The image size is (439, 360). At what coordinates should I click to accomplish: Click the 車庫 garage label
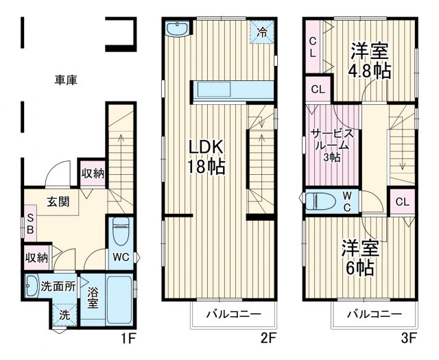[66, 80]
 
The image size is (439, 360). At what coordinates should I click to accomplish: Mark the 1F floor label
[128, 337]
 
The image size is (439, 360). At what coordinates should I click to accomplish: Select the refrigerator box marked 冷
[263, 31]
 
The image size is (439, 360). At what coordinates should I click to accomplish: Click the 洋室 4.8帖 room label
[371, 60]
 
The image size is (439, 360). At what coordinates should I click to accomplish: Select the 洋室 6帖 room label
[360, 257]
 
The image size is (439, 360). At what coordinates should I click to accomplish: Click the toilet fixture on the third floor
[322, 201]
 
